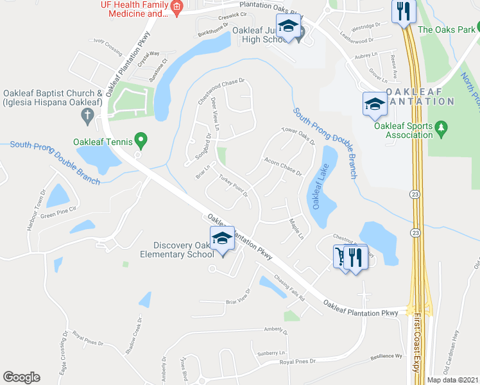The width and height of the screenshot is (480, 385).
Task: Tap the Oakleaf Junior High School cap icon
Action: click(289, 28)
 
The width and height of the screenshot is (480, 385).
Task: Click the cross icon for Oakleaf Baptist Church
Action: click(88, 116)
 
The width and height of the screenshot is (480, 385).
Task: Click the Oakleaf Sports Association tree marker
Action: click(441, 128)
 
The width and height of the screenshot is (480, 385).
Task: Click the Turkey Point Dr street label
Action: click(233, 185)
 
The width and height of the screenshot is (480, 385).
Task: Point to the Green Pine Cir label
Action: click(58, 212)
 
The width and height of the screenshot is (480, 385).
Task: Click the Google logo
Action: click(21, 377)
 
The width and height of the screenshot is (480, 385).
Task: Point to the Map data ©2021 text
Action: click(453, 380)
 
